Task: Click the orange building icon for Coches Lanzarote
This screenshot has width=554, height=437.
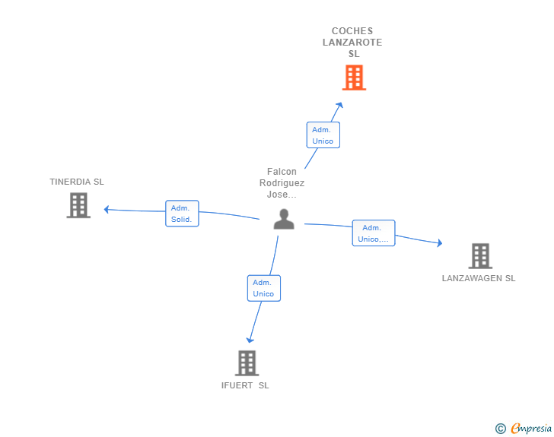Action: point(354,78)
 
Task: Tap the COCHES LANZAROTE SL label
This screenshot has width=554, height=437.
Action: point(352,43)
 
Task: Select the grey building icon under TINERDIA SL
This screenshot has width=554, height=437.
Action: point(78,205)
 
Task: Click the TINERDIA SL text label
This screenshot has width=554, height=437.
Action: point(77,182)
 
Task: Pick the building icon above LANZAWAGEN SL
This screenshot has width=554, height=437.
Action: point(480,256)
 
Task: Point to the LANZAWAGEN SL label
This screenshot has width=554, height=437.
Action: point(479,278)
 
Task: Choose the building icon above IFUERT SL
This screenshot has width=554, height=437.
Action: point(247,363)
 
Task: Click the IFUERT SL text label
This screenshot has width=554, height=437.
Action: point(245,385)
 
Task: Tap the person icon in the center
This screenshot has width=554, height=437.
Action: point(284,219)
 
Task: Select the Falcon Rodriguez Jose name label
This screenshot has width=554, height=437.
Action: point(282,183)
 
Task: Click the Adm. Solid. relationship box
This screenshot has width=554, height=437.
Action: point(183,214)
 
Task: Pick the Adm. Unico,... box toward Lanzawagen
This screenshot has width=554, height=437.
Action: point(374,233)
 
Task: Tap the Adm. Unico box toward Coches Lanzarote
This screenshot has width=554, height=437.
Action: point(323,135)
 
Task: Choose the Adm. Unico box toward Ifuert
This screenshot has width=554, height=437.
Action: point(264,288)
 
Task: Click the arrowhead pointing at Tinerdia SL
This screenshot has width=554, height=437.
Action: point(107,209)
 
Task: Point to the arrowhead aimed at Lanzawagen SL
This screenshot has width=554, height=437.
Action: point(440,243)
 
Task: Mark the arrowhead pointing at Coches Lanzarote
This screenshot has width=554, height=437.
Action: point(340,105)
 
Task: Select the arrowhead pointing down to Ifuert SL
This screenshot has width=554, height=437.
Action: point(250,340)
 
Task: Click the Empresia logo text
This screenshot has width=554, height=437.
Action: point(531,428)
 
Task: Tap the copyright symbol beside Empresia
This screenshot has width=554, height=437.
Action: point(501,429)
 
